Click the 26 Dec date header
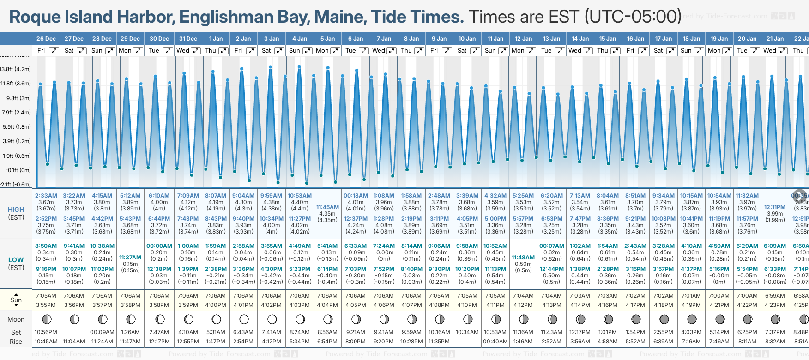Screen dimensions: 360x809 [x=46, y=39]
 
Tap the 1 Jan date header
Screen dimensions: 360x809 [x=216, y=39]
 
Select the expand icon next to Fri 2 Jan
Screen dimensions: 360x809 [x=251, y=51]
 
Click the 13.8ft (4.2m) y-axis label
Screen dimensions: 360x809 [x=16, y=69]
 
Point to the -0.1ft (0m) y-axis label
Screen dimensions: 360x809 [x=18, y=170]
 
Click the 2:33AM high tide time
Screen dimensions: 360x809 [x=46, y=196]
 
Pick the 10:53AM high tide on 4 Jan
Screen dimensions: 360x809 [x=300, y=196]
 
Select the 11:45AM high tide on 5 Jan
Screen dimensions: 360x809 [x=327, y=207]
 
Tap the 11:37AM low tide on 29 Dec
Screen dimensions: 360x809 [x=130, y=258]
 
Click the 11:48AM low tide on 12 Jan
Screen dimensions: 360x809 [x=523, y=258]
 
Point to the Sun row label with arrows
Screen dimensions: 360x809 [x=16, y=300]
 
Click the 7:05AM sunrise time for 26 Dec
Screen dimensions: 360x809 [x=46, y=296]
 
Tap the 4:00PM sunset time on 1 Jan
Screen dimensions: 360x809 [x=216, y=305]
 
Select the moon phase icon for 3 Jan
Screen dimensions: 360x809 [x=272, y=319]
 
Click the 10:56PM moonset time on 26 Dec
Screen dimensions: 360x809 [x=46, y=332]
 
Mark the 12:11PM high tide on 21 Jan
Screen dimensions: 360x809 [x=775, y=207]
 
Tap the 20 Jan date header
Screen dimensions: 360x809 [x=747, y=39]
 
